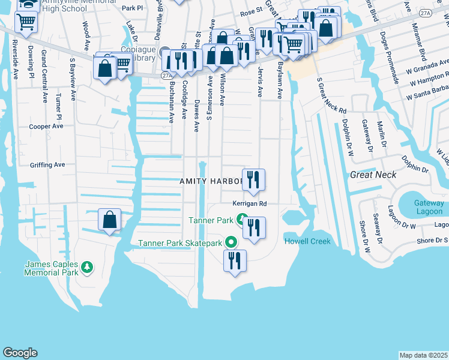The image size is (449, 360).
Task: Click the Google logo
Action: [x=20, y=353]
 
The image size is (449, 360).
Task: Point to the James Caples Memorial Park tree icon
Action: [x=88, y=266]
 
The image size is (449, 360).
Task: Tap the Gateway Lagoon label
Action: [x=429, y=207]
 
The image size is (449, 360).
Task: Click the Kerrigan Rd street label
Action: [x=246, y=203]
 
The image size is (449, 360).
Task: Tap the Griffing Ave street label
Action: [x=47, y=164]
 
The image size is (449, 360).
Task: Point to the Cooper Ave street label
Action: [x=46, y=127]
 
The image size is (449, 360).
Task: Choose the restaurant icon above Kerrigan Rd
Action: [x=253, y=179]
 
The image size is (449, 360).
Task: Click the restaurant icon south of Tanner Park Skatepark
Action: [x=234, y=261]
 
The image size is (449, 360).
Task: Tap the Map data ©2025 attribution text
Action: [x=423, y=355]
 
